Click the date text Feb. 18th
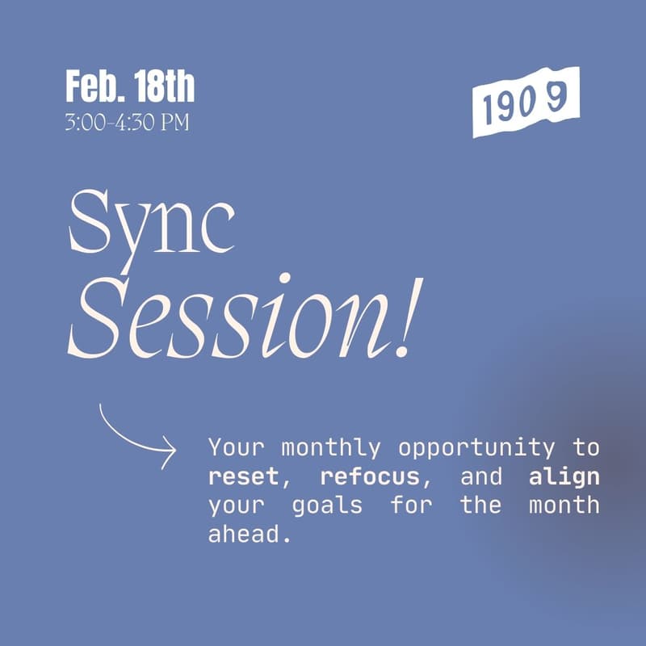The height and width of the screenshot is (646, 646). (130, 87)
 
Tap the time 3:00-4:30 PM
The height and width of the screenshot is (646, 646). (127, 124)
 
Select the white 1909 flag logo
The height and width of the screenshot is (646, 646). (526, 102)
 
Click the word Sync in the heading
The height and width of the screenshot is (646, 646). (152, 223)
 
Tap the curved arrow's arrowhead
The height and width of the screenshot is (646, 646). (168, 450)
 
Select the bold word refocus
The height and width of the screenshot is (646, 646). (370, 476)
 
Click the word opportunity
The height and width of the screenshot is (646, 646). (476, 447)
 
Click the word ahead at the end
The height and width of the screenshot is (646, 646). (248, 535)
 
